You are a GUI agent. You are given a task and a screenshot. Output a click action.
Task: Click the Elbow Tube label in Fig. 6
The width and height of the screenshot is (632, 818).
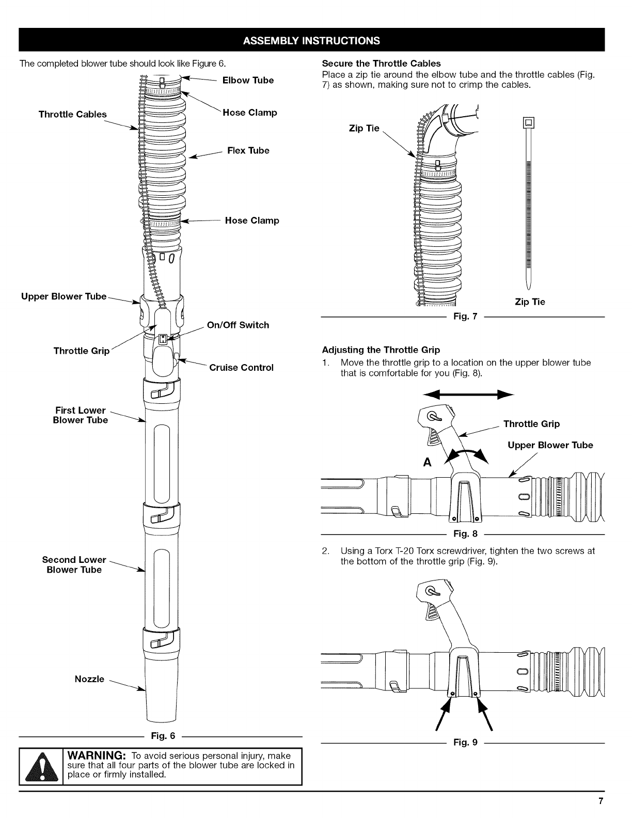248,81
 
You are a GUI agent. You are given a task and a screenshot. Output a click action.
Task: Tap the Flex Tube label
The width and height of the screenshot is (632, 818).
248,151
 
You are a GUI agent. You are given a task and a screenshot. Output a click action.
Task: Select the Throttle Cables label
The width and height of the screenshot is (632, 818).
73,115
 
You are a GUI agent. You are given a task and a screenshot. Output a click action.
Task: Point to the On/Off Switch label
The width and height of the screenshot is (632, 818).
238,325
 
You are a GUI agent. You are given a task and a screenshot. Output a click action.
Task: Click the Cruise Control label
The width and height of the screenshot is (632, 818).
241,368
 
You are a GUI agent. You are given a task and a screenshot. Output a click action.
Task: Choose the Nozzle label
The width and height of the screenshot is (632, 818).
89,679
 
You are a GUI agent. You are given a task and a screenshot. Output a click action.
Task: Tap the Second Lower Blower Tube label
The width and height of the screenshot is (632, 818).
74,565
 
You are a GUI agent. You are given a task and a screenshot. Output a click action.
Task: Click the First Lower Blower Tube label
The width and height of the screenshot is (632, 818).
81,415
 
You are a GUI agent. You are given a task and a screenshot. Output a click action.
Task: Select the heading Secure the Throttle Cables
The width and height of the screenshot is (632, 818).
381,64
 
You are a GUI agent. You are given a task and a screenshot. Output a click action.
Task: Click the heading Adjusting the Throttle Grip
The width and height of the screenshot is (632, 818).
381,350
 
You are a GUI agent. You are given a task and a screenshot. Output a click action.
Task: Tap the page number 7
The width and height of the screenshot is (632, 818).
601,801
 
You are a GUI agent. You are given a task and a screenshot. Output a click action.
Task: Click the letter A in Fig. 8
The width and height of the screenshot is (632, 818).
427,462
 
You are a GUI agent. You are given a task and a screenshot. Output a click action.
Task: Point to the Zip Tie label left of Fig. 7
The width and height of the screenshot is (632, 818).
364,129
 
